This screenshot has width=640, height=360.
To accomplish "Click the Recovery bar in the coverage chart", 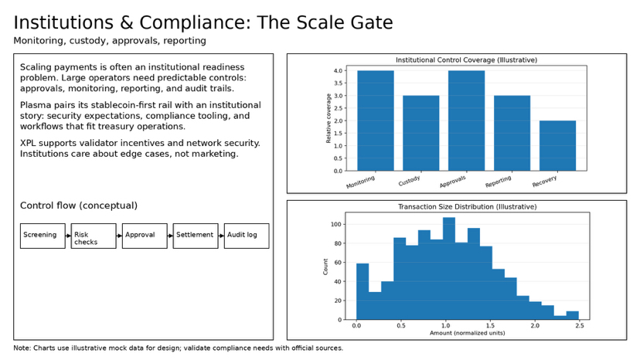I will pos(557,145).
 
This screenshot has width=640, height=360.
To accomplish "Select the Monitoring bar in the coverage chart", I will pos(376,121).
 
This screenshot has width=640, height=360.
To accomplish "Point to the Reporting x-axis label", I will pos(499,183).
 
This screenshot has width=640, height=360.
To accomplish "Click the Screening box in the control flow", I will pos(43,236).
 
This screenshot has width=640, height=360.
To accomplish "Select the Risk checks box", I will pos(94,236).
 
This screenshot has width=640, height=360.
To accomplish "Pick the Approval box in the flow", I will pos(145,236).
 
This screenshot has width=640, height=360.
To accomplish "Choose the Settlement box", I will pos(196,236).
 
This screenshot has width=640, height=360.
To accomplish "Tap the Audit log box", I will pos(247,236).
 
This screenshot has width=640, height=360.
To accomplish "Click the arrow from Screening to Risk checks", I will pos(68,236).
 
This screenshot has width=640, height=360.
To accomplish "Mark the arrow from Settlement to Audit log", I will pos(221,236).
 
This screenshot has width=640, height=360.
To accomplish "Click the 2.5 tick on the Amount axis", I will pos(577,326).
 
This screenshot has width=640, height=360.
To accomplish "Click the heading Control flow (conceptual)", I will pos(79,205).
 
